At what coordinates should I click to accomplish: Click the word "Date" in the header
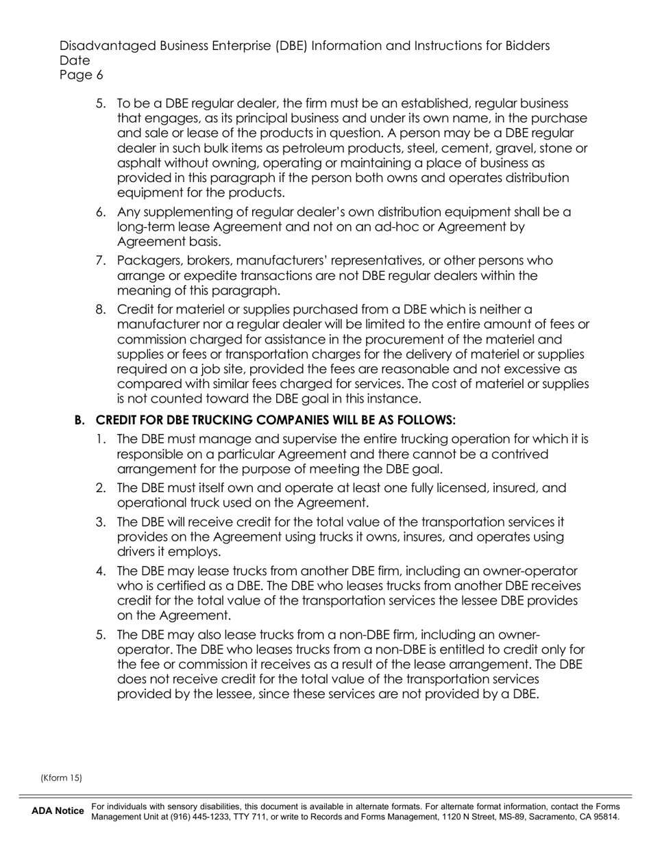75,61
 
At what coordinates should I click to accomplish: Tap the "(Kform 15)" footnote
61,778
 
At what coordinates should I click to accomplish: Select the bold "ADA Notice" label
58,811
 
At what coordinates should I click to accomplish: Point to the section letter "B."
79,420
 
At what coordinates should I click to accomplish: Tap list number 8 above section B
101,309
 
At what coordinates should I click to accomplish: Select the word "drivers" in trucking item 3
136,552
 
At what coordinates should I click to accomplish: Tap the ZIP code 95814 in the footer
606,817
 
